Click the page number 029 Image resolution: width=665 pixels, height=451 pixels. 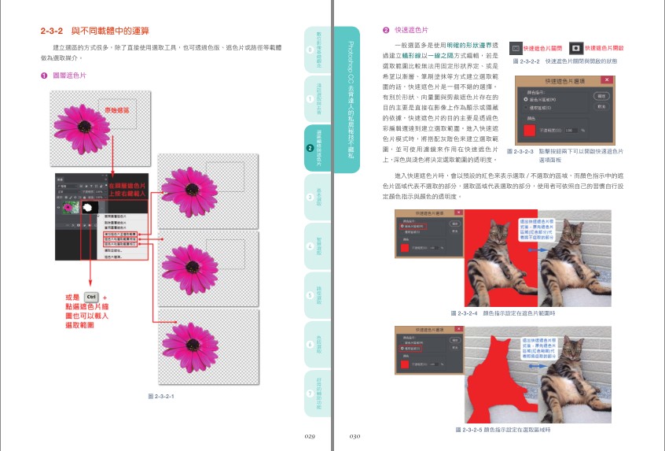coord(310,434)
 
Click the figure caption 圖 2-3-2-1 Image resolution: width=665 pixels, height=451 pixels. coord(160,396)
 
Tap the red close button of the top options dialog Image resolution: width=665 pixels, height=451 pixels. coord(606,79)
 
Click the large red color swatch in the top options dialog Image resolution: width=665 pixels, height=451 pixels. coord(531,129)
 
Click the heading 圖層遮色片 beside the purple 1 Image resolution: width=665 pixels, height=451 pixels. coord(69,76)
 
